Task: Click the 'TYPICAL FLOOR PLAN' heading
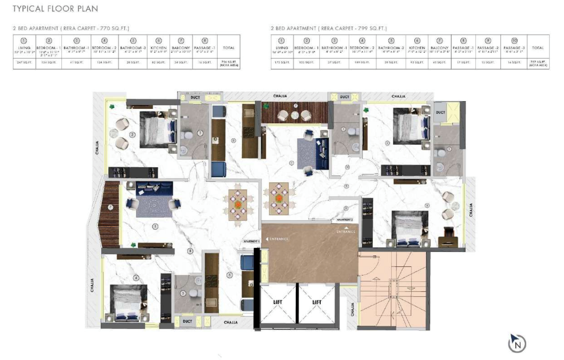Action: [55, 8]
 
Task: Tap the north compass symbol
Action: [517, 344]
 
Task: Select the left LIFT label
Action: [278, 302]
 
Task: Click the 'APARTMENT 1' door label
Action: [251, 241]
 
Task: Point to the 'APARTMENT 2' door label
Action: [345, 220]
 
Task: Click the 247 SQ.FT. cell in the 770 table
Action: [24, 63]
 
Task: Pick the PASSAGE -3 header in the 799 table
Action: [514, 48]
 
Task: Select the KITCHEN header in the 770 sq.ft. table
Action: [159, 48]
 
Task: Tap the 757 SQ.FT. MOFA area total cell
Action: [538, 63]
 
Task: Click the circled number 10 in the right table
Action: [514, 41]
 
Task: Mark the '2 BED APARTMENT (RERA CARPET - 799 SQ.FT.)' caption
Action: [328, 29]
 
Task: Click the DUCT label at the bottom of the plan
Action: [187, 321]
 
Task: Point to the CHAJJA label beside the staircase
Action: [353, 309]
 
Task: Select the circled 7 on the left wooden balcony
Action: [110, 207]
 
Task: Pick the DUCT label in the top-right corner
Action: [440, 112]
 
